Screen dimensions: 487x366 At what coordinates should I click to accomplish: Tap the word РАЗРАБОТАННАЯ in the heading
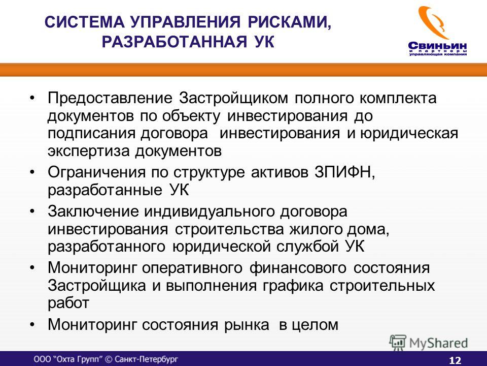click(175, 42)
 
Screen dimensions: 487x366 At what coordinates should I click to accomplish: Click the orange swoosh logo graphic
click(434, 22)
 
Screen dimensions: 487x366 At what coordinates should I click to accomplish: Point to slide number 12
click(455, 360)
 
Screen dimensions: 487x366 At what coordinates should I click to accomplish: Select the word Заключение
click(93, 211)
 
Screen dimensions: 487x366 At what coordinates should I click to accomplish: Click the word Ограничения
click(96, 172)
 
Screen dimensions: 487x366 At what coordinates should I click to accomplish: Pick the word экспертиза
click(88, 151)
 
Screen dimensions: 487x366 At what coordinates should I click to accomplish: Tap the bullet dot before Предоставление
click(32, 98)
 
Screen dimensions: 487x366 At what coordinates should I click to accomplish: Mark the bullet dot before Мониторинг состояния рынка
click(32, 325)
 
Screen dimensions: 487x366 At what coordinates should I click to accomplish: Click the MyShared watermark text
click(438, 344)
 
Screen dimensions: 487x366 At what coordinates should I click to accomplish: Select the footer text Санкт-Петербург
click(146, 359)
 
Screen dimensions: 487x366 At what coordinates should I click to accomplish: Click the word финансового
click(298, 268)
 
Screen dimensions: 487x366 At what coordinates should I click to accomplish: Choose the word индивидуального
click(210, 212)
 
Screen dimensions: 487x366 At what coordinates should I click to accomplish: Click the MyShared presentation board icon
click(398, 343)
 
